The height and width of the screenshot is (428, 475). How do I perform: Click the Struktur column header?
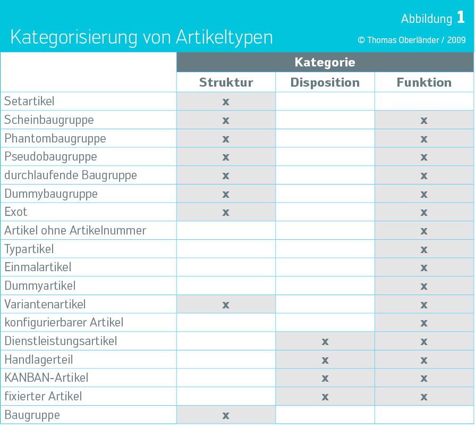[x=226, y=82]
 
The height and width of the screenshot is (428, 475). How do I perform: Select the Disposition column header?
[x=325, y=82]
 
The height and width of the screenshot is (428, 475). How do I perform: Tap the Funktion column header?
[x=424, y=82]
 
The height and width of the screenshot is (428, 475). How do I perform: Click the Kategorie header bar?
[x=325, y=62]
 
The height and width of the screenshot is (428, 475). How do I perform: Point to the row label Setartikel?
[x=29, y=101]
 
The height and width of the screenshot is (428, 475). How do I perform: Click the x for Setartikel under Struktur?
[x=226, y=102]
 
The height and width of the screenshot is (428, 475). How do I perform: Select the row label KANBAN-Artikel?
[x=46, y=378]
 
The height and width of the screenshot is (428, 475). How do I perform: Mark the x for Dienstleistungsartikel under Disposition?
[x=325, y=341]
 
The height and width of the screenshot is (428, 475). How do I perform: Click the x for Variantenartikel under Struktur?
[x=226, y=305]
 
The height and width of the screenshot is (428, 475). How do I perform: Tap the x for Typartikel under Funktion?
[x=424, y=249]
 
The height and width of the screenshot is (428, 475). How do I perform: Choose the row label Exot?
[x=16, y=212]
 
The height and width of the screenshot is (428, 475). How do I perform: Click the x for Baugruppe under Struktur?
[x=226, y=415]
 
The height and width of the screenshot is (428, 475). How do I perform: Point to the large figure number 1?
[x=461, y=18]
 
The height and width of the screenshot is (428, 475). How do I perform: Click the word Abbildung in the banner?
[x=426, y=19]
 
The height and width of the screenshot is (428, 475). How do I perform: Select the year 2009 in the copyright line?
[x=456, y=40]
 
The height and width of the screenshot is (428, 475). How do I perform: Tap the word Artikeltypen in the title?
[x=224, y=37]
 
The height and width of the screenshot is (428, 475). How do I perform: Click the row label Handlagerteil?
[x=39, y=359]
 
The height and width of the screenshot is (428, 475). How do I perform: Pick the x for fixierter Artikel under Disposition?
[x=325, y=397]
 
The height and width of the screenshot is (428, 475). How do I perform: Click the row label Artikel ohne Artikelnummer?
[x=75, y=230]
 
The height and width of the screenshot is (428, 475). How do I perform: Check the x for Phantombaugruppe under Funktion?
[x=424, y=139]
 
